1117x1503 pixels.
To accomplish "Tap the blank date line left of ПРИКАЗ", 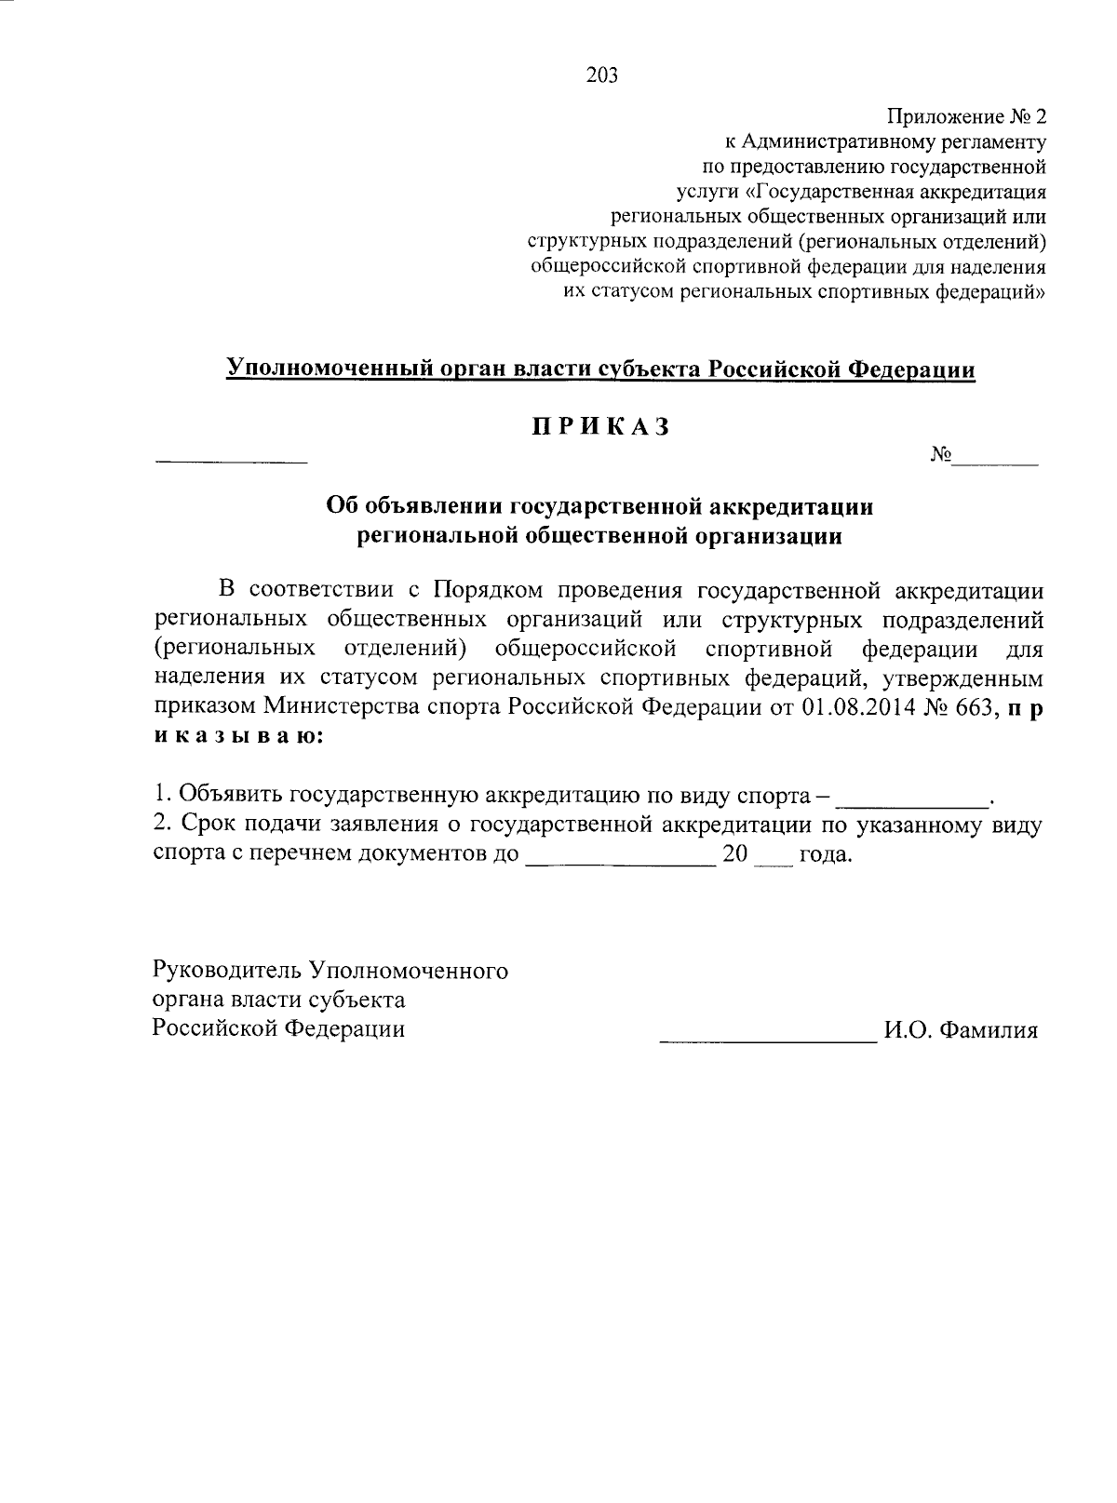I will pos(230,461).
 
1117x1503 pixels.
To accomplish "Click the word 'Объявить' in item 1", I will pos(231,796).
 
